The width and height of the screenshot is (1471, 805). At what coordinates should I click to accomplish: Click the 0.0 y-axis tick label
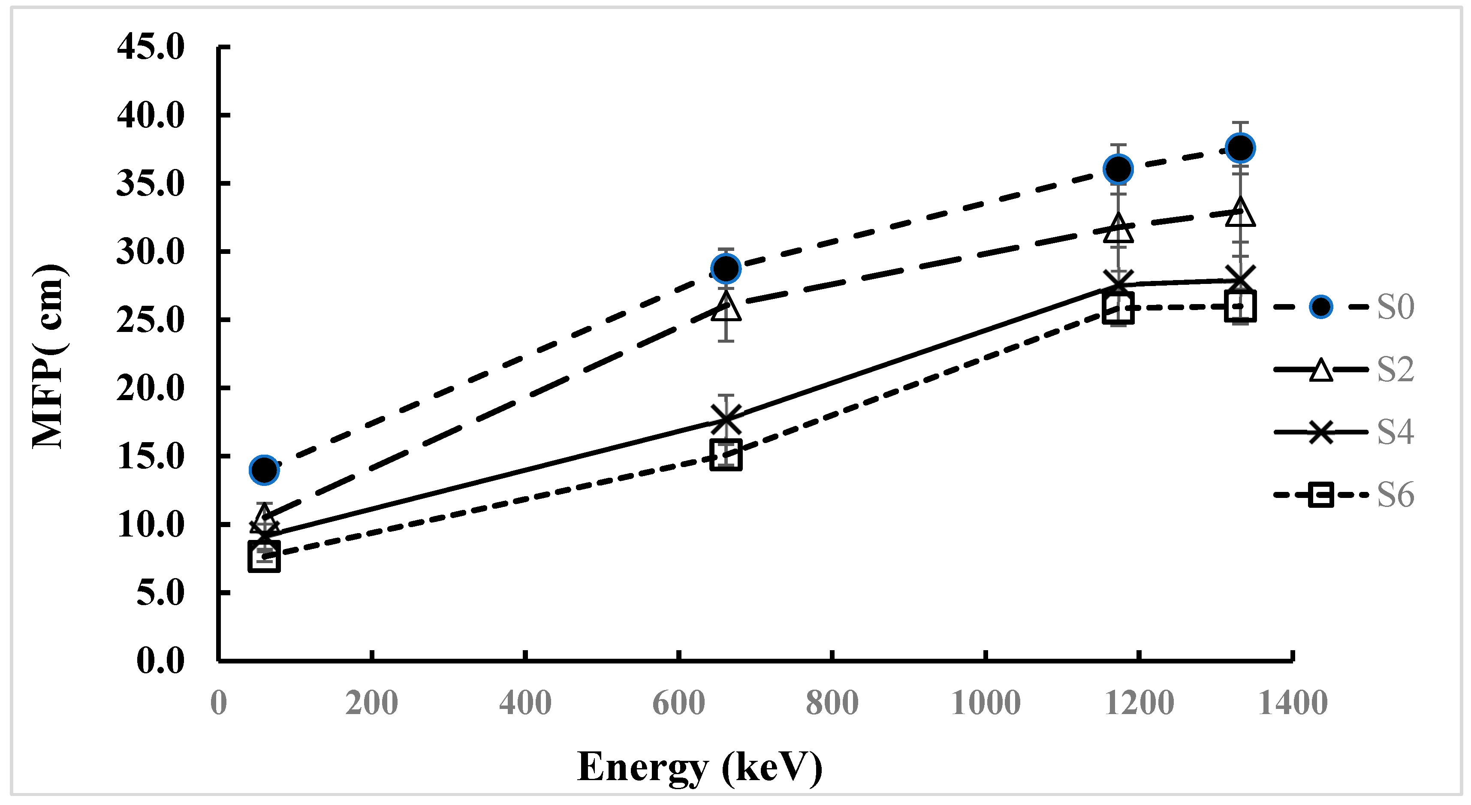pos(160,661)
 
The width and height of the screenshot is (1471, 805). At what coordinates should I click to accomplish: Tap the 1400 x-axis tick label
pos(1293,703)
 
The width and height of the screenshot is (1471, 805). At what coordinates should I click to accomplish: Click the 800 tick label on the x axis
pos(832,703)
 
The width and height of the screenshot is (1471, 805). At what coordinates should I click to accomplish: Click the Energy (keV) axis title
pos(700,767)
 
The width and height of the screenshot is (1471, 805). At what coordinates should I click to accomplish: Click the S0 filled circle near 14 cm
pos(264,470)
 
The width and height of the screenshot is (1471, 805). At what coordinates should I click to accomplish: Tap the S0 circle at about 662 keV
pos(726,268)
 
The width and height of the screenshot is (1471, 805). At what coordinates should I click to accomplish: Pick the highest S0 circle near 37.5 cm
pos(1240,148)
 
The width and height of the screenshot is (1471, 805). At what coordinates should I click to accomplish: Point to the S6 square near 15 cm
pos(726,455)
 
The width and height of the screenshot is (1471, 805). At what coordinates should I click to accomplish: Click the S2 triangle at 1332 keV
pos(1240,214)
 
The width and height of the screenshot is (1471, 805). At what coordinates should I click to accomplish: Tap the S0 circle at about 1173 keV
pos(1118,169)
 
